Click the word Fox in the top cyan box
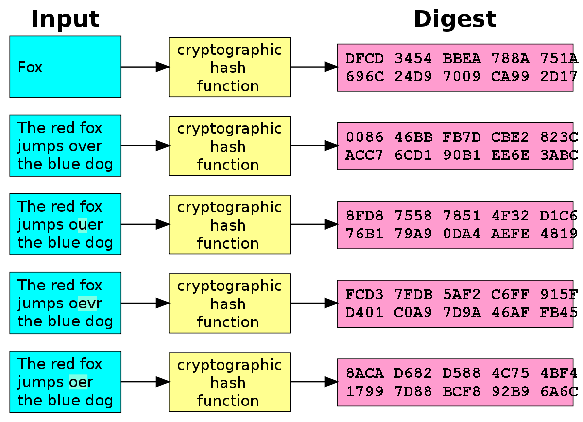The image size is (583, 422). [x=30, y=67]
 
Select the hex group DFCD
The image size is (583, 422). [x=364, y=59]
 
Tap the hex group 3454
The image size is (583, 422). [x=413, y=59]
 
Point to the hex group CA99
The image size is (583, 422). [x=510, y=76]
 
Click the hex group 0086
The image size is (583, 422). [x=364, y=137]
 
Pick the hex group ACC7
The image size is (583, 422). [x=364, y=155]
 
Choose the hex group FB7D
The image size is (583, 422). [x=462, y=137]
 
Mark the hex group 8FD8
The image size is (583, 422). [x=364, y=216]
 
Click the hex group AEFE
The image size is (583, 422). [x=510, y=234]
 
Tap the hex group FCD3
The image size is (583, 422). [x=364, y=295]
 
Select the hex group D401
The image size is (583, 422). [x=364, y=312]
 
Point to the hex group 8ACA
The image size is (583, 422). [x=364, y=373]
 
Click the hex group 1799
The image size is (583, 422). [x=364, y=391]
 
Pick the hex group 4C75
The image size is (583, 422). [x=510, y=373]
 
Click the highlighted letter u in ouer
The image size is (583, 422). [x=83, y=225]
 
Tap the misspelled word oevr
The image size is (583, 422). [x=86, y=304]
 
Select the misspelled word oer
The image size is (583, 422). [x=81, y=383]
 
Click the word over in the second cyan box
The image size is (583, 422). [x=86, y=146]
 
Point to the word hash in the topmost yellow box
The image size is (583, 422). [x=228, y=68]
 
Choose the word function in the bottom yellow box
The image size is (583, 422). [x=228, y=401]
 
